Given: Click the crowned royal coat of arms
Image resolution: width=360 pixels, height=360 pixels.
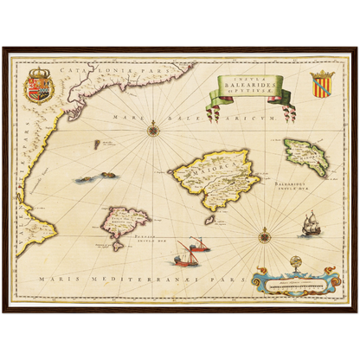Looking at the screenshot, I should coord(38,84).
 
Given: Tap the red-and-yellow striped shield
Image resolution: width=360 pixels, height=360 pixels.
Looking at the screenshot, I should coord(322,85).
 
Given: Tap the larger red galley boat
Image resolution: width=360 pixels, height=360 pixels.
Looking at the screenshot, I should coord(185,254).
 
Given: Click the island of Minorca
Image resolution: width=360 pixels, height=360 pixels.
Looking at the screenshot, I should coord(305,157).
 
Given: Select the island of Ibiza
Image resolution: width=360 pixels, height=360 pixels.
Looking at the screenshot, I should coord(125,224).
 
